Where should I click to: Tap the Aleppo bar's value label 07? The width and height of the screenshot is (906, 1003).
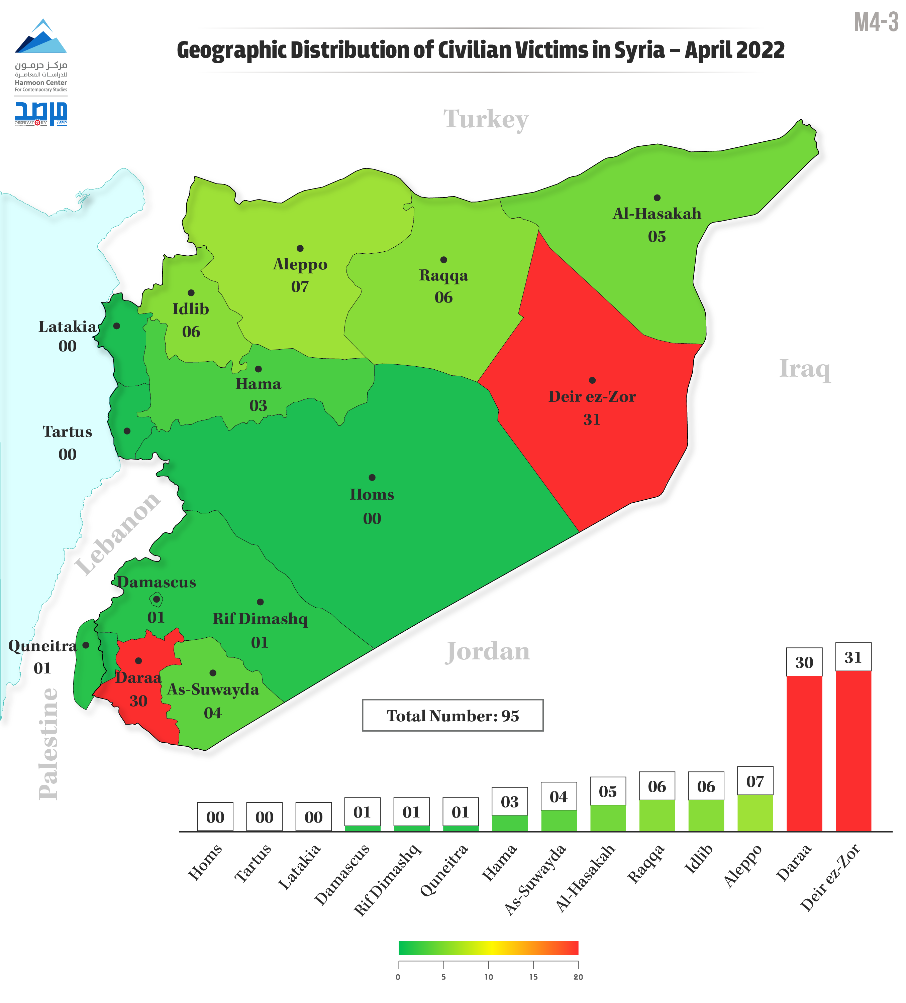coord(755,782)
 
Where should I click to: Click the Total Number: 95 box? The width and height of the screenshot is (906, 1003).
coord(452,716)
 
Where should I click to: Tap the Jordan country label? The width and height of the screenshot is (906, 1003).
coord(487,651)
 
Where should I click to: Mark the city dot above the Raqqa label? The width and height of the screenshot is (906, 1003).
coord(443,260)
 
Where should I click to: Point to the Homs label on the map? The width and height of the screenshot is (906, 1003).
coord(372,495)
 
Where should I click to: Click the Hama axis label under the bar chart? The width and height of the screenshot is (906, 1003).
coord(499,863)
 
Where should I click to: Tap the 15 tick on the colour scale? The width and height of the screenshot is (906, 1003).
coord(533,977)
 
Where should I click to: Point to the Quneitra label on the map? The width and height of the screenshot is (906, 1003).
coord(42,646)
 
